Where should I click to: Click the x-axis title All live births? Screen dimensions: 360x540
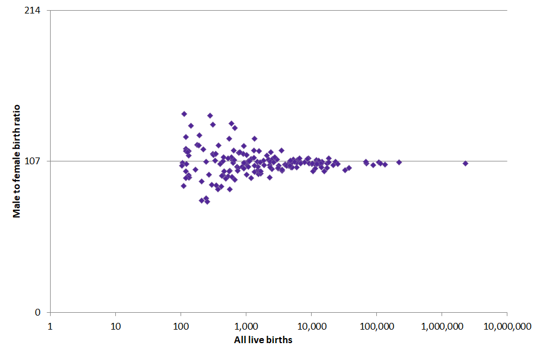263,340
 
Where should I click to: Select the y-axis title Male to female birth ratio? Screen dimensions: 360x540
17,161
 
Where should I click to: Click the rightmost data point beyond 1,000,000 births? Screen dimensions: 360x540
465,163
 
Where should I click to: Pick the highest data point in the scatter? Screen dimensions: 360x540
184,114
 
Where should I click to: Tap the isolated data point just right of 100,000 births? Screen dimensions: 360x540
399,162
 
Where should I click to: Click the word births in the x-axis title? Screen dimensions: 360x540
280,340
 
